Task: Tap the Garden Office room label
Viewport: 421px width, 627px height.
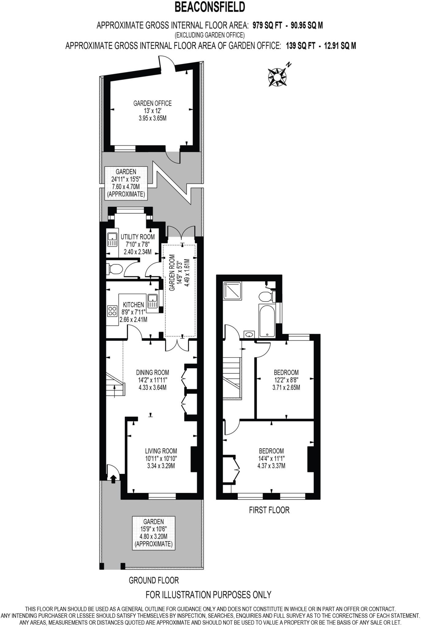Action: pos(152,103)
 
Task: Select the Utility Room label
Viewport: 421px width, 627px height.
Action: pos(138,237)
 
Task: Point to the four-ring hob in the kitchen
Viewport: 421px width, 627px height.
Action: pos(112,311)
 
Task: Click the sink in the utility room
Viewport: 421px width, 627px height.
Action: pos(112,239)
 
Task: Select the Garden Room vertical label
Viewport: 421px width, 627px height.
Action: pos(172,272)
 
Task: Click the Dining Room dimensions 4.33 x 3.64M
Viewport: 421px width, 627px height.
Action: pos(153,387)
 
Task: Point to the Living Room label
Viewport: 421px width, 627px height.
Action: pos(161,451)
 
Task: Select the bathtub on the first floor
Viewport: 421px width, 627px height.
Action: pos(267,320)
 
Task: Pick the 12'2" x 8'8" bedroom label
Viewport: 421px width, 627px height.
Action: pos(286,380)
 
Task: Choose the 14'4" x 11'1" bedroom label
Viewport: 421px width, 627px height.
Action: pos(271,458)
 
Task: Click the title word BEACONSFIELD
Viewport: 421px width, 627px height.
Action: pos(210,7)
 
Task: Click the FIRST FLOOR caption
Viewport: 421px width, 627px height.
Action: pos(269,510)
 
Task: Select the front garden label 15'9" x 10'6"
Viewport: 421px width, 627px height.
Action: pos(153,529)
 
